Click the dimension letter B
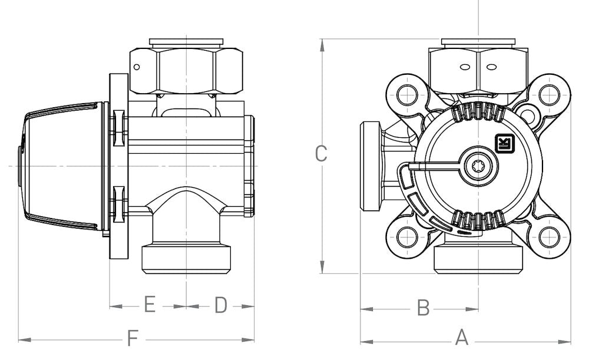[x=423, y=307]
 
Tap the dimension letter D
[x=220, y=305]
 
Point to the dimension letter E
[x=149, y=305]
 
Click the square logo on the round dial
[x=505, y=144]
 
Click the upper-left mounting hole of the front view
[x=406, y=93]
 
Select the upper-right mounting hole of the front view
[x=549, y=93]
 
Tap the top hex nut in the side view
[x=186, y=70]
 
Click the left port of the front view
[x=371, y=166]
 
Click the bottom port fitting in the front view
[x=478, y=259]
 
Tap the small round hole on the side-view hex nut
[x=137, y=67]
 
